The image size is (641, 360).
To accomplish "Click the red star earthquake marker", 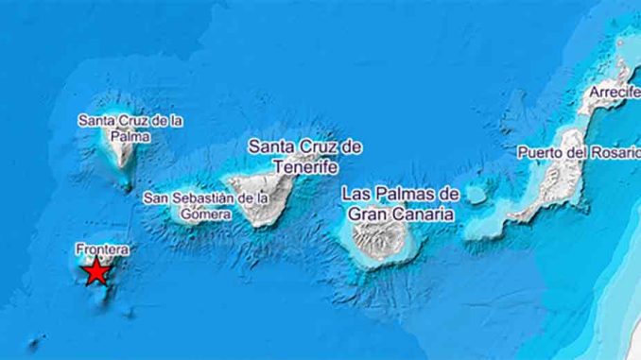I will [x=95, y=272].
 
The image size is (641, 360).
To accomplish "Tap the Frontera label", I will [x=100, y=249].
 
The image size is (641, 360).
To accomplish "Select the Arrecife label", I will [x=613, y=93].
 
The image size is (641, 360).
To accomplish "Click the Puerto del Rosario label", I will [x=578, y=152].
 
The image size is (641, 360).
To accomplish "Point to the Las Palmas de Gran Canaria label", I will [x=400, y=203].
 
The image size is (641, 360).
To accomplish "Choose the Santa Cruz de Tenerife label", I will [x=304, y=157].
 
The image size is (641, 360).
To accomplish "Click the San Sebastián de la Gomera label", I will [x=205, y=206].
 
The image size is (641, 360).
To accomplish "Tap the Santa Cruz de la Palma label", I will [x=130, y=128].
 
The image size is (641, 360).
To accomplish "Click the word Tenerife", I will [x=304, y=167].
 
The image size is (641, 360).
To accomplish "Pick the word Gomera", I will [x=205, y=214].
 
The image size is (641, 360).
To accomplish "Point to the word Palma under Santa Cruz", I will [x=130, y=135].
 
